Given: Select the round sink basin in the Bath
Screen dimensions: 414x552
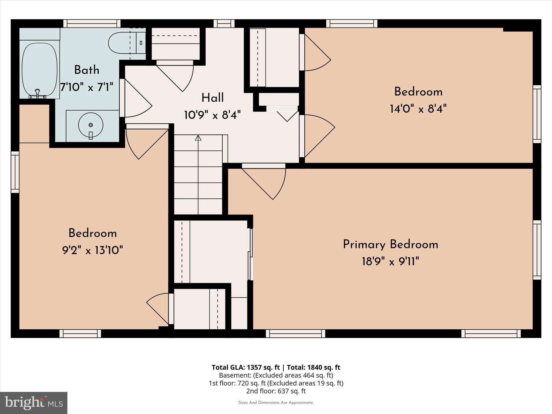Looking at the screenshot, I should (91, 125).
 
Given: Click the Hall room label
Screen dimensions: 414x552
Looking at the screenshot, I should (212, 98).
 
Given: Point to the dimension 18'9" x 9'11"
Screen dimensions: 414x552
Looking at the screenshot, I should (390, 261).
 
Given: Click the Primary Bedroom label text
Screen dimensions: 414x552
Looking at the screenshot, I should (390, 244).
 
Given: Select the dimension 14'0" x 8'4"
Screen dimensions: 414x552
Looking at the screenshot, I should (418, 109).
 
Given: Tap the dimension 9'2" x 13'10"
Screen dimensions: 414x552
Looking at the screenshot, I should (92, 250).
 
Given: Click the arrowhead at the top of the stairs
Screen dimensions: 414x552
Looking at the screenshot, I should (198, 138).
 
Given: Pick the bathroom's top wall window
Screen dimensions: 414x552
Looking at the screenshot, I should (92, 23).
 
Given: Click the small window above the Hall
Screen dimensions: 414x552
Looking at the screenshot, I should (224, 23).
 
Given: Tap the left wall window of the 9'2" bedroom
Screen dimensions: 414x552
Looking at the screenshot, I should (15, 172).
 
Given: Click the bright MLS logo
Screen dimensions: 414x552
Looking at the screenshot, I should (34, 403).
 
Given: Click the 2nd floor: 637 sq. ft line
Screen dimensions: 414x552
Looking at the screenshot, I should (276, 391).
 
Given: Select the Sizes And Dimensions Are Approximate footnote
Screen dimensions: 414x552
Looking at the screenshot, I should (276, 403).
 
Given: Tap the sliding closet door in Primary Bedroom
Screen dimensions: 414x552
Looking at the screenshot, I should (250, 254).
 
